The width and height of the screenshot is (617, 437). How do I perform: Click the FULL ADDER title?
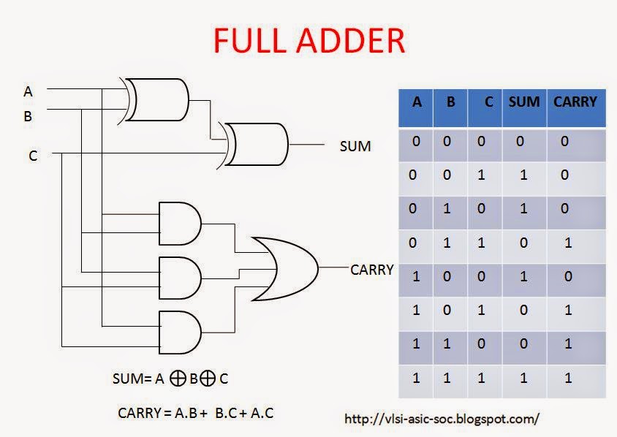pos(308,41)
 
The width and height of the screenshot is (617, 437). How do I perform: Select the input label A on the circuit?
pos(29,91)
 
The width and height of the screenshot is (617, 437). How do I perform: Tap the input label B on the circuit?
pos(29,115)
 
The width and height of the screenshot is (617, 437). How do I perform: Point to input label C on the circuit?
pos(33,156)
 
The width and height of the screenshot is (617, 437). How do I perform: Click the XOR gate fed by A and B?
pos(156,99)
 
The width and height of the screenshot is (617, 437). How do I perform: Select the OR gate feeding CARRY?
pos(285,268)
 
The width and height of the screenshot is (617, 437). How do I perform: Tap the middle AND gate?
pos(180,276)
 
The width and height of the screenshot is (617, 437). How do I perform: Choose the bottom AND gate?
pos(180,332)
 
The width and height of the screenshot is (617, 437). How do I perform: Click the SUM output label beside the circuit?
pos(355,146)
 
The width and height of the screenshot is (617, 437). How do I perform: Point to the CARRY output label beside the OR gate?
pos(372,270)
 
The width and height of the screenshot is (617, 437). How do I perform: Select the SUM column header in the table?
pos(523,102)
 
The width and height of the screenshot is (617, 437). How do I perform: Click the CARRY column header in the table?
pos(575,102)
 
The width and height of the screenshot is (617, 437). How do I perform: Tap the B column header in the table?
pos(451,102)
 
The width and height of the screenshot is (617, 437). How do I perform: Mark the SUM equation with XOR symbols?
pos(170,379)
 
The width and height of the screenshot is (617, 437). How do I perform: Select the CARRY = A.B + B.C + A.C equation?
pos(195,412)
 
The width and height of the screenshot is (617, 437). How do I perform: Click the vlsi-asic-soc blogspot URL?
pos(442,419)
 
